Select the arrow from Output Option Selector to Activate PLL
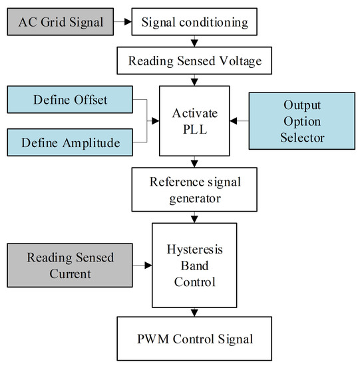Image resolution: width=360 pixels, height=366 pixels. [x=240, y=121]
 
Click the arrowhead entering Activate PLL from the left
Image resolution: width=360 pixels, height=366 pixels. [x=156, y=121]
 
